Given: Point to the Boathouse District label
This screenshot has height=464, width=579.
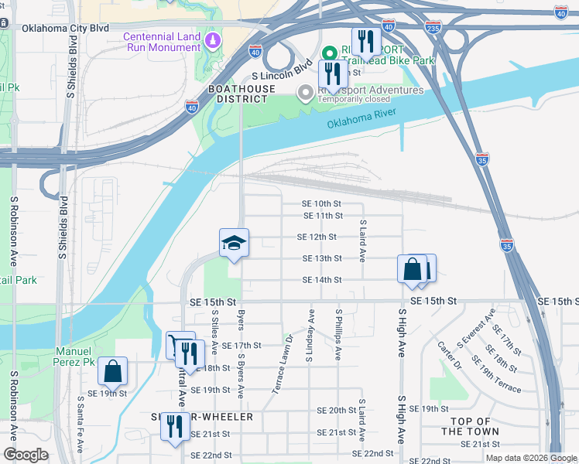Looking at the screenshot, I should pyautogui.click(x=242, y=94).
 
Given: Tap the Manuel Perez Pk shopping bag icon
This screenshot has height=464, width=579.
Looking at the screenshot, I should pyautogui.click(x=113, y=373).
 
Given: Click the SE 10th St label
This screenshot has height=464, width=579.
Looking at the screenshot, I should pyautogui.click(x=321, y=203).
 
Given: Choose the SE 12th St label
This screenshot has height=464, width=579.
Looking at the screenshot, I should pyautogui.click(x=317, y=237).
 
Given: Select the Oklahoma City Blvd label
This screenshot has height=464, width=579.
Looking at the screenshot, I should pyautogui.click(x=65, y=28).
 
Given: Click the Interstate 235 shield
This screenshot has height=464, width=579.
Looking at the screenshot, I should pyautogui.click(x=433, y=28).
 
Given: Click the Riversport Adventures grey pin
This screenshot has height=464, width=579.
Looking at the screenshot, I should pyautogui.click(x=306, y=93).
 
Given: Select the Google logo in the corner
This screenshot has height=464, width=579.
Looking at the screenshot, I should pyautogui.click(x=26, y=455).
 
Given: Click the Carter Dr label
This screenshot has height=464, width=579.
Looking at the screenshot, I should pyautogui.click(x=449, y=355).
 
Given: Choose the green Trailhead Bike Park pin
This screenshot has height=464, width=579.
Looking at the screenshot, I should pyautogui.click(x=330, y=53).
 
